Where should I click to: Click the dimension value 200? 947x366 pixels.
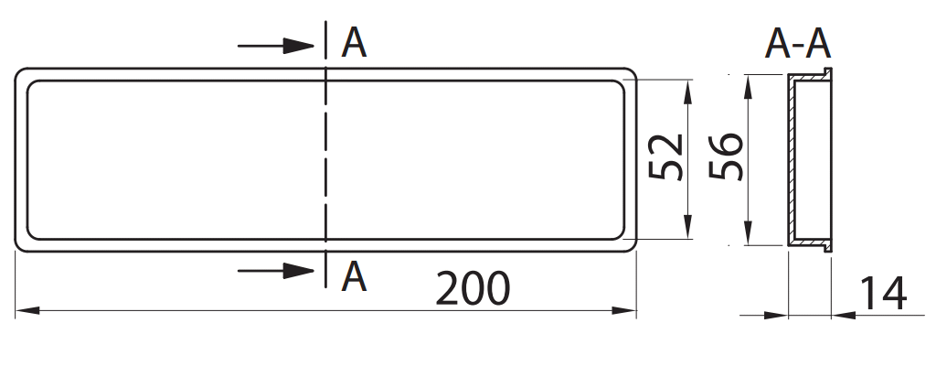click(x=473, y=288)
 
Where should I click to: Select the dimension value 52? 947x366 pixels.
click(x=665, y=157)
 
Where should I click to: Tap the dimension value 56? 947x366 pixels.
click(x=726, y=156)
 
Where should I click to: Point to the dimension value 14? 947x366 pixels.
click(x=882, y=294)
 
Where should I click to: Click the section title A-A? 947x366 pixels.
click(x=797, y=44)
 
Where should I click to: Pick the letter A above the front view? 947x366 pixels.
click(x=354, y=43)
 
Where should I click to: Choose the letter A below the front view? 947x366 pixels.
click(x=354, y=277)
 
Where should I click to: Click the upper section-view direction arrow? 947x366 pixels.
click(x=276, y=46)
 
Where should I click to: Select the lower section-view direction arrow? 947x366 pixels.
click(x=276, y=271)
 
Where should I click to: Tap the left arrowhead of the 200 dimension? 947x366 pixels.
click(x=27, y=310)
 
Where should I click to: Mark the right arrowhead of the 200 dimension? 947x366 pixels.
click(x=624, y=310)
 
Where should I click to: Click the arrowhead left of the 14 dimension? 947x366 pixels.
click(x=776, y=315)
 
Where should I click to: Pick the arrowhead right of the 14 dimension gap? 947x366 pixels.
click(x=844, y=315)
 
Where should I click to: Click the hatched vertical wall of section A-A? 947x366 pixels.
click(x=791, y=160)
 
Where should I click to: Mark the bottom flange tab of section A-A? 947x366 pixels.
click(x=828, y=247)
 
